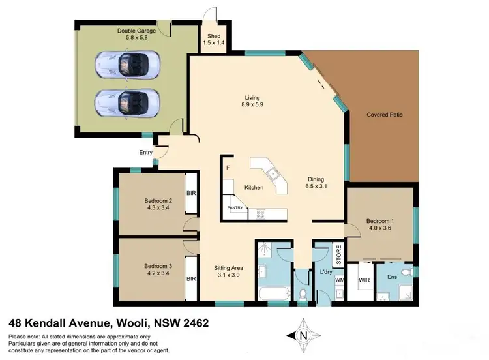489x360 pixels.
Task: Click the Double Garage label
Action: (x=136, y=31)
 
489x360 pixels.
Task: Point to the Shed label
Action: (x=214, y=36)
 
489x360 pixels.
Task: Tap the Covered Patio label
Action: (x=384, y=115)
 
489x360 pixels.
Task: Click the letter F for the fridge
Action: (x=228, y=168)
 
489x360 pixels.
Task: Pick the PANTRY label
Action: (x=235, y=208)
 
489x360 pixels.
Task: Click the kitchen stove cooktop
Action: (x=259, y=213)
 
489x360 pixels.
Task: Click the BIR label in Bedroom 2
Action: (x=192, y=193)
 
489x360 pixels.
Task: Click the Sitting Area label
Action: (x=229, y=267)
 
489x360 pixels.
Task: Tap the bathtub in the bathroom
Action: (x=274, y=293)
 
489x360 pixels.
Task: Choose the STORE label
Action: (x=338, y=254)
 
